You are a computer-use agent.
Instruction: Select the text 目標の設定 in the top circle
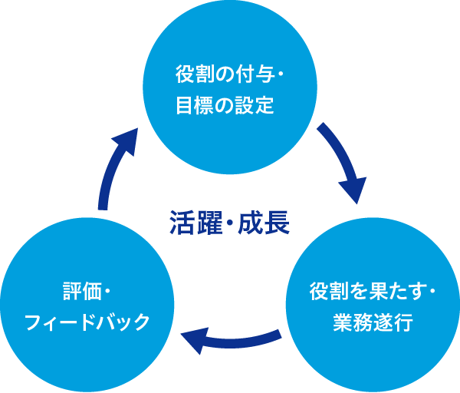point(225,105)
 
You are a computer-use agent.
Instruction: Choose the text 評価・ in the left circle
point(87,292)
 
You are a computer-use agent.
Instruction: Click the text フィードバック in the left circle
point(87,322)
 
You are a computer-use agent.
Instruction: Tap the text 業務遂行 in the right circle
point(373,322)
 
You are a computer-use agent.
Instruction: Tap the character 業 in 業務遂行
point(342,322)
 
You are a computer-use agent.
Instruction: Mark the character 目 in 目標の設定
point(184,105)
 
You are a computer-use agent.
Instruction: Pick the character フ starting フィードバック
point(33,322)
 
